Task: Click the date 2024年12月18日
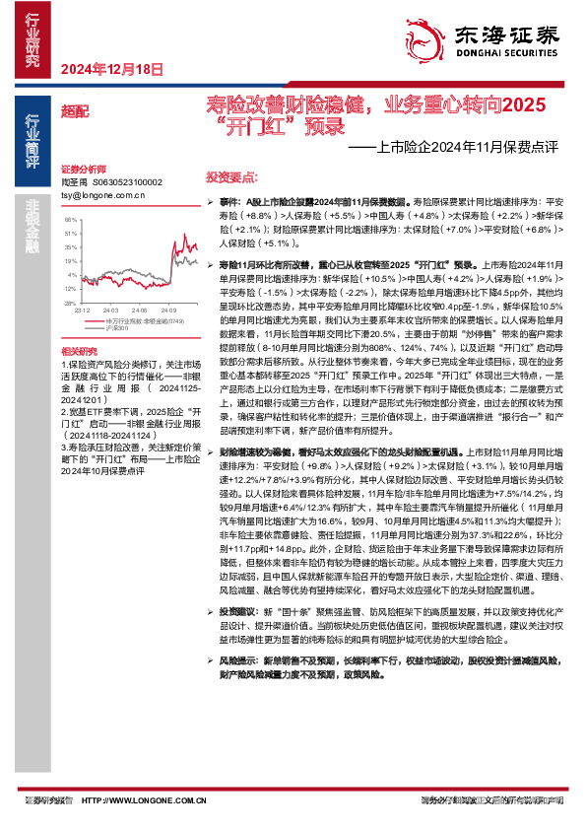click(x=110, y=68)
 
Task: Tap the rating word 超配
click(x=73, y=111)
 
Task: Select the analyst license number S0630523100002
click(x=128, y=182)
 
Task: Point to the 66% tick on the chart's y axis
click(x=70, y=220)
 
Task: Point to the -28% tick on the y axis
click(x=69, y=289)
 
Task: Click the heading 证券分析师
click(x=82, y=170)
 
